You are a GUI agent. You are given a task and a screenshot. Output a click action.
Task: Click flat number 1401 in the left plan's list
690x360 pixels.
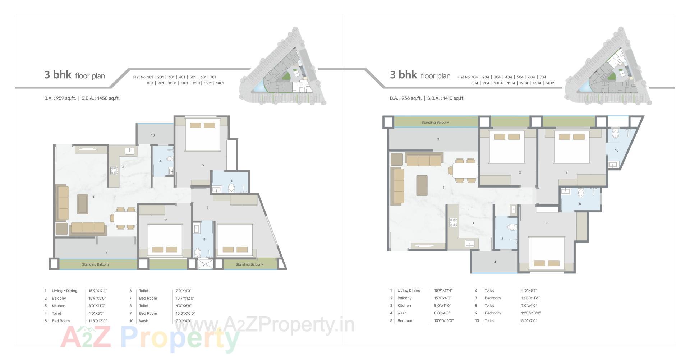point(220,83)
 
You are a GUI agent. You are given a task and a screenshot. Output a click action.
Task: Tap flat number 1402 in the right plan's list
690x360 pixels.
point(549,83)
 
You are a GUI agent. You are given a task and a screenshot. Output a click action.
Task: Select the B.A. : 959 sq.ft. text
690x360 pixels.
point(60,98)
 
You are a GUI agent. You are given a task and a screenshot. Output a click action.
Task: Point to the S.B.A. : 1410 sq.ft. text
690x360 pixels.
point(446,98)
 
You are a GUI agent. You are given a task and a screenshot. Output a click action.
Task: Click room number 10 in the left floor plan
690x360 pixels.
point(153,135)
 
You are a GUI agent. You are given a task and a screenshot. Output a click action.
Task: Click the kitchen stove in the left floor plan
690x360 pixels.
point(114,170)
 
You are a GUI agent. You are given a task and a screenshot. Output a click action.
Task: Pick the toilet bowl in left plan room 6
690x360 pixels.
point(231,188)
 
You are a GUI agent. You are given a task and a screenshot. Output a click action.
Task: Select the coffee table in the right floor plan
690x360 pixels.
point(422,185)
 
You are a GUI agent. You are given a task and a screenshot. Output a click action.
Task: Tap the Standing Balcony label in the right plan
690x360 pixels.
point(435,123)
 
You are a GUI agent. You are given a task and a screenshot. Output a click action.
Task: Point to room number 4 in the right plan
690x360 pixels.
point(495,262)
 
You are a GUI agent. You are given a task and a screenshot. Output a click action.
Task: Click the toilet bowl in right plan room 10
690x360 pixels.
point(615,134)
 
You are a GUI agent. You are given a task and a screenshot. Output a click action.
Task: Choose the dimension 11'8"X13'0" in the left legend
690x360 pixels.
point(97,321)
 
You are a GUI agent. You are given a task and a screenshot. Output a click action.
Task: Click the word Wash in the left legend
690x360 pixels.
point(143,321)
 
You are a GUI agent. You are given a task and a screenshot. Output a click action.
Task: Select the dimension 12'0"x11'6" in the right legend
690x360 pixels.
point(530,298)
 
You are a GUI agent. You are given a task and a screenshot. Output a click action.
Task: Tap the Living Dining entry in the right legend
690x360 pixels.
point(409,290)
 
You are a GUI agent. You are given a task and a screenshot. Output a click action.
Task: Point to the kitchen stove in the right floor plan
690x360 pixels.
point(453,223)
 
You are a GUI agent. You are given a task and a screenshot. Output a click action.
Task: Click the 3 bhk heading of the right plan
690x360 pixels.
point(403,75)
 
